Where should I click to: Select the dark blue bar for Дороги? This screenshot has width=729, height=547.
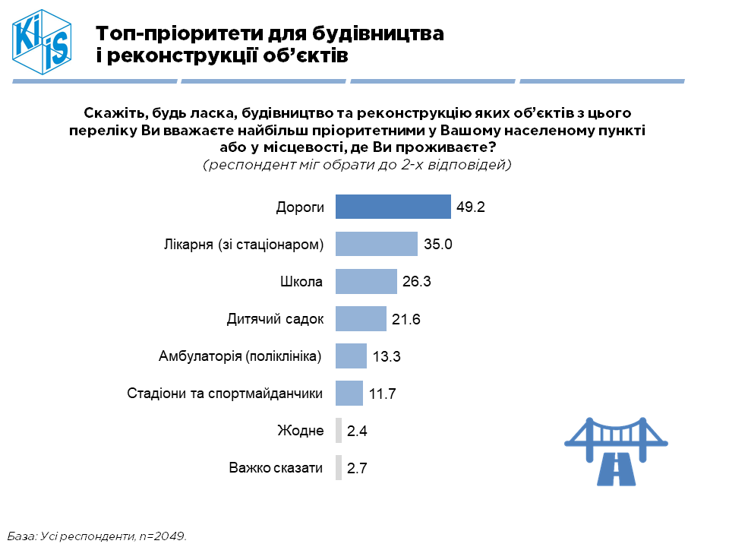[393, 207]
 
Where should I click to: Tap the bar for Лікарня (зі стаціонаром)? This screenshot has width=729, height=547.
[376, 244]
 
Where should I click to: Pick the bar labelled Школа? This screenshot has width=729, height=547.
[366, 281]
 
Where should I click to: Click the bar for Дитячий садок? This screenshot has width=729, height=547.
[361, 318]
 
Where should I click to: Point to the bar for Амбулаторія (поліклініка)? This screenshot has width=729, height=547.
[351, 356]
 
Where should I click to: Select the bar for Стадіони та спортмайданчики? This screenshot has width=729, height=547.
[349, 393]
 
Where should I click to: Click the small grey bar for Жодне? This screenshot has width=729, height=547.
[339, 431]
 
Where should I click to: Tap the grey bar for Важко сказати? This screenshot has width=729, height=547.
[339, 468]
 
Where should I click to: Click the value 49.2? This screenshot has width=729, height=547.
[471, 207]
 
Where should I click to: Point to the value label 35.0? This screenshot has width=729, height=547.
[438, 245]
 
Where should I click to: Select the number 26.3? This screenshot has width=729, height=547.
[417, 282]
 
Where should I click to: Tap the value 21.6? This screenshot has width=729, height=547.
[406, 319]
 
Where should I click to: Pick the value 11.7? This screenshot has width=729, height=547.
[382, 394]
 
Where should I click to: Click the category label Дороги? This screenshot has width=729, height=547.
[300, 207]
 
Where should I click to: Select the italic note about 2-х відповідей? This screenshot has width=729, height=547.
[357, 164]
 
